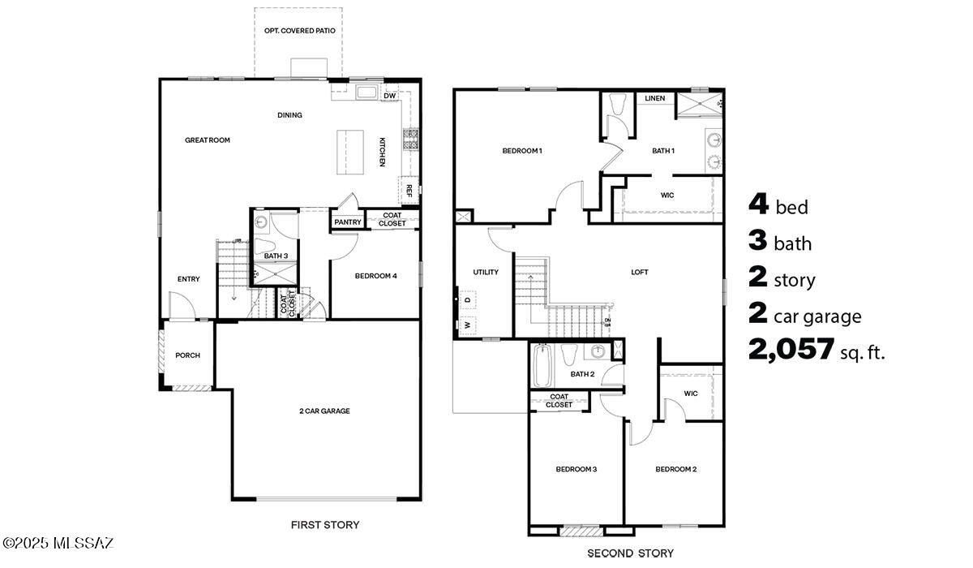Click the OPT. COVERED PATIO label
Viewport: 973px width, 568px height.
tap(299, 31)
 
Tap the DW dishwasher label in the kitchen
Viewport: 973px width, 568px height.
tap(389, 96)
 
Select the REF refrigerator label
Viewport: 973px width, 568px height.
tap(409, 191)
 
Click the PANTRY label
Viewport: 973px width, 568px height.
tap(347, 222)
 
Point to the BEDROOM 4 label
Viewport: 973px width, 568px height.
tap(375, 276)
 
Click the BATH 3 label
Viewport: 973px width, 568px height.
tap(276, 256)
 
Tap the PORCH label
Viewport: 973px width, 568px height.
tap(187, 355)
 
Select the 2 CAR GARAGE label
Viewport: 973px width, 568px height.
tap(324, 411)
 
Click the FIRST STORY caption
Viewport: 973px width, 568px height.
tap(325, 525)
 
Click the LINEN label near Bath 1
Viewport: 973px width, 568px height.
tap(655, 99)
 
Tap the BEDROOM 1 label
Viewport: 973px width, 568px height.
tap(521, 151)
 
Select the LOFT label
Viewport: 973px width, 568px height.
tap(640, 273)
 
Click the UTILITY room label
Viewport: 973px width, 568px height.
tap(486, 273)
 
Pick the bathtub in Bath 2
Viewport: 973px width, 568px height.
tap(541, 366)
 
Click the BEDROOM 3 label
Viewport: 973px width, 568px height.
tap(576, 470)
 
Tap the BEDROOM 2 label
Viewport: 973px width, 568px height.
tap(676, 470)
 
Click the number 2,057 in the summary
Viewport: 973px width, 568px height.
tap(791, 350)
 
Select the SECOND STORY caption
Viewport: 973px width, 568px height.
tap(630, 553)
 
